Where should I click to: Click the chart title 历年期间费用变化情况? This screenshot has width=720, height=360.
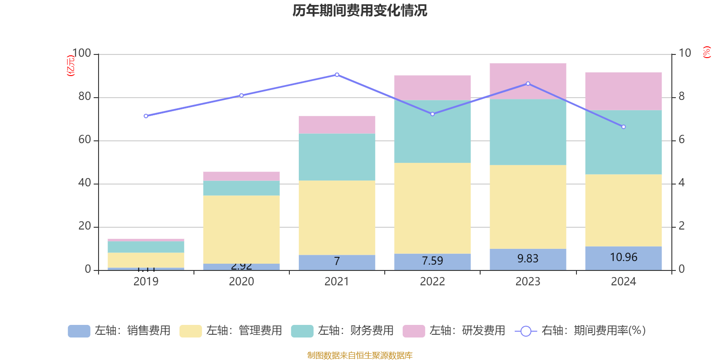point(360,11)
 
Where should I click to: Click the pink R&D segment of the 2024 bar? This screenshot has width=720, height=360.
point(623,91)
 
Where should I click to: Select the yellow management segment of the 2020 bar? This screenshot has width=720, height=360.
point(241,229)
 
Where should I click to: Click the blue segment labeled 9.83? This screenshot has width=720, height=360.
point(528,259)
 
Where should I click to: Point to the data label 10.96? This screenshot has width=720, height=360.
point(623,257)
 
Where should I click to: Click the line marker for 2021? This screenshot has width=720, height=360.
point(337,75)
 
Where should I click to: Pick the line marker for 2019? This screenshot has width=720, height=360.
point(146,116)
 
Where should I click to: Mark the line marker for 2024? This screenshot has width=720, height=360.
point(623,127)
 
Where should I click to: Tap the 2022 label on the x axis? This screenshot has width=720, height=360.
point(432,282)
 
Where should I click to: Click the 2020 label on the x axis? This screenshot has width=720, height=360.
point(241,282)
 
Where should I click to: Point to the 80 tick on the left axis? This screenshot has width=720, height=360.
point(85,97)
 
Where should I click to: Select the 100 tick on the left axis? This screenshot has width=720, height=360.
point(81,54)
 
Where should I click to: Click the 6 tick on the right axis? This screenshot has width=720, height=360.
point(681,140)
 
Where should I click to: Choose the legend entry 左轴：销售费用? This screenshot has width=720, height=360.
point(119,331)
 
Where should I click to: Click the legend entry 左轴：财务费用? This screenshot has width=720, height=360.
point(342,331)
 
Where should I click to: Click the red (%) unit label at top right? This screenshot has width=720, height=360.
point(706,52)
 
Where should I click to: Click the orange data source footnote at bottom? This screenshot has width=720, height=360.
point(360,355)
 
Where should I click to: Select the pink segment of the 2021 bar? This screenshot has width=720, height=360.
point(337,125)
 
